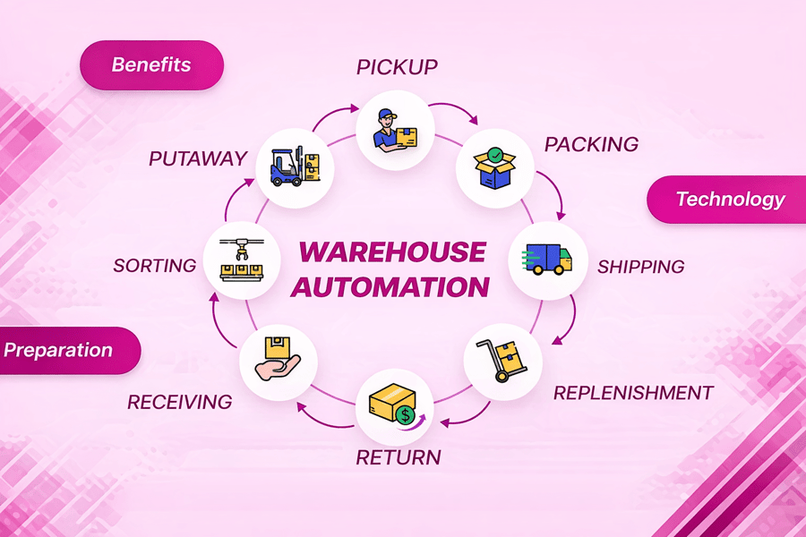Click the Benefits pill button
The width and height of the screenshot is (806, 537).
[150, 65]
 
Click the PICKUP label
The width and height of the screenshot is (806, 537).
[396, 67]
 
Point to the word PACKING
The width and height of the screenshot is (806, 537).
[591, 144]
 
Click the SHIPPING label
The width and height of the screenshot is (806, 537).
[640, 267]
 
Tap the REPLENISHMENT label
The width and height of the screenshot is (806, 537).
[632, 393]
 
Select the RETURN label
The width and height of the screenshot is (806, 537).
[399, 458]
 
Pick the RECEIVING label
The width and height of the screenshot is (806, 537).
[179, 402]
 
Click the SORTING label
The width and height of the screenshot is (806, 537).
[155, 266]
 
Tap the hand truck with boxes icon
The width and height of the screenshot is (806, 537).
[502, 361]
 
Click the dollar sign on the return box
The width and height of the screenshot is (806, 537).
[407, 415]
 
